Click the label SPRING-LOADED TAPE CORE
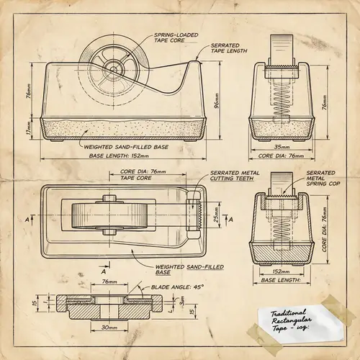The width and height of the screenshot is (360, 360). click(x=177, y=37)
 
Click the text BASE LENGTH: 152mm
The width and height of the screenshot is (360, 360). click(x=119, y=155)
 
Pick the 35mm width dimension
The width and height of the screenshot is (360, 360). click(x=282, y=147)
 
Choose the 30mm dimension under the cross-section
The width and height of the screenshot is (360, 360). click(x=110, y=328)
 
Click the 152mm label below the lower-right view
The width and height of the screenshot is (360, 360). click(x=282, y=271)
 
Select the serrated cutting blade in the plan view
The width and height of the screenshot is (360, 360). click(x=192, y=215)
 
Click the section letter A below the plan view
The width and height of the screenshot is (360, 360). click(x=104, y=271)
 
